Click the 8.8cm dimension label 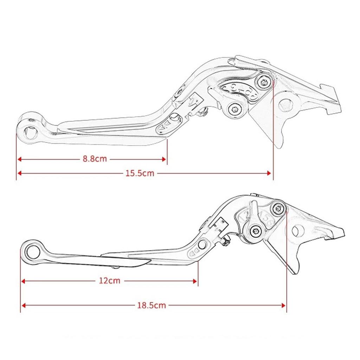point(95,159)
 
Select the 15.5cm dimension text point(140,173)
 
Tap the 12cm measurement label point(109,281)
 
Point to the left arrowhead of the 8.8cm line point(20,159)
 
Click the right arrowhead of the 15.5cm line point(270,173)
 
